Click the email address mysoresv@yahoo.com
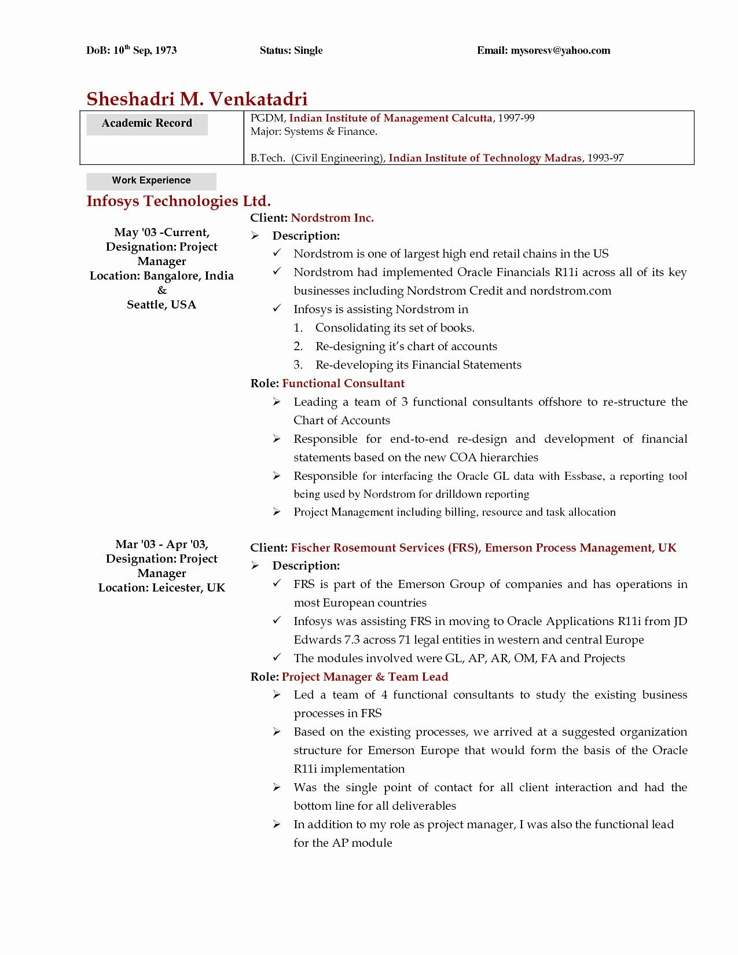pyautogui.click(x=560, y=50)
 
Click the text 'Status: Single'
pyautogui.click(x=291, y=50)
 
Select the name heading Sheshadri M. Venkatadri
pyautogui.click(x=197, y=99)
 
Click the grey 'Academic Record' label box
pyautogui.click(x=147, y=123)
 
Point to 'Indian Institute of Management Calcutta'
pyautogui.click(x=390, y=118)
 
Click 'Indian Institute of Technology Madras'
pyautogui.click(x=484, y=158)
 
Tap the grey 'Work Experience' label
pyautogui.click(x=151, y=181)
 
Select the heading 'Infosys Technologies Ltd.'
pyautogui.click(x=178, y=201)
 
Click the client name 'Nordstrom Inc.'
pyautogui.click(x=332, y=218)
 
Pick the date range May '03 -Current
pyautogui.click(x=161, y=233)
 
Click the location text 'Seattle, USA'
pyautogui.click(x=161, y=305)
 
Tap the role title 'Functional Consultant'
pyautogui.click(x=343, y=383)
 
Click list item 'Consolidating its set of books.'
pyautogui.click(x=394, y=328)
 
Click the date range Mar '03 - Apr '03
pyautogui.click(x=161, y=544)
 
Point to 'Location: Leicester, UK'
pyautogui.click(x=161, y=588)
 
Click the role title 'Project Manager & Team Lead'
pyautogui.click(x=365, y=677)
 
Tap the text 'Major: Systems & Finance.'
pyautogui.click(x=314, y=132)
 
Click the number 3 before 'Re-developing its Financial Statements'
pyautogui.click(x=298, y=365)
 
